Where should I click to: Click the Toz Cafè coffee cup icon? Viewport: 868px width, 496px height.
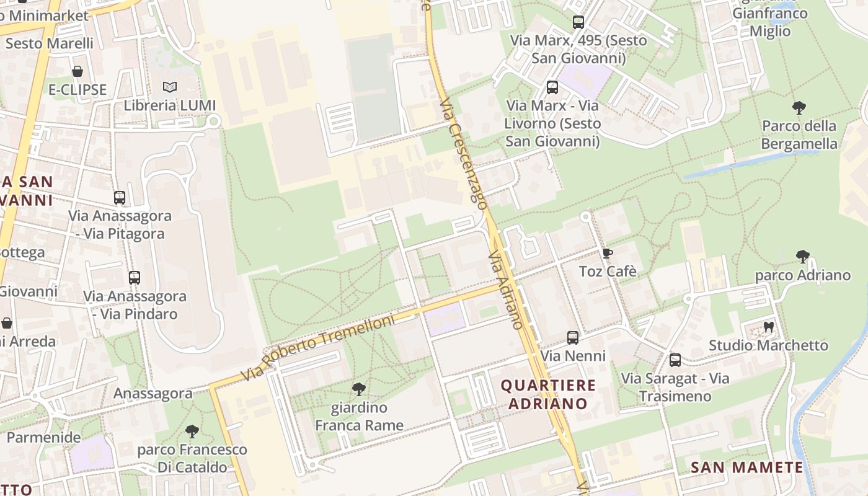607,253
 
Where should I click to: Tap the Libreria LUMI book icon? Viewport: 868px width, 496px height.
170,87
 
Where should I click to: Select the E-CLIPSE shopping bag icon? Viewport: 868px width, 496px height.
77,71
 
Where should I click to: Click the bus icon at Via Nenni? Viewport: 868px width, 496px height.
573,338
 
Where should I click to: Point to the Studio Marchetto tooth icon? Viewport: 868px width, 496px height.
769,327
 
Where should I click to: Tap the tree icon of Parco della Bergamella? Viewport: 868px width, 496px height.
799,108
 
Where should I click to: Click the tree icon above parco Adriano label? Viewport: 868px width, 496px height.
803,256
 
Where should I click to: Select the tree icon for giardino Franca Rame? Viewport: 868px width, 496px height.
358,389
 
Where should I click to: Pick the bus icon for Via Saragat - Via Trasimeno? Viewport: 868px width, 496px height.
675,360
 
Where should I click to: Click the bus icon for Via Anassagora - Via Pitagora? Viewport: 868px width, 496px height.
120,198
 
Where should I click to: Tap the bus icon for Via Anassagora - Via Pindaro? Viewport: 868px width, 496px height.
135,278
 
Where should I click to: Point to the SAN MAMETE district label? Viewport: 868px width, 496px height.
747,467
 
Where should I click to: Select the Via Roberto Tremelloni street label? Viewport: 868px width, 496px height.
318,347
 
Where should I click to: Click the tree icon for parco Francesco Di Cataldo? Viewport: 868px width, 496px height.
192,431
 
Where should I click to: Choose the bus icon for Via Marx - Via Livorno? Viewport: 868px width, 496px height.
552,87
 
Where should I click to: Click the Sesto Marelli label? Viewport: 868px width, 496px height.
50,43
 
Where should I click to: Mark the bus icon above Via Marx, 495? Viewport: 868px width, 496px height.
578,22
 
